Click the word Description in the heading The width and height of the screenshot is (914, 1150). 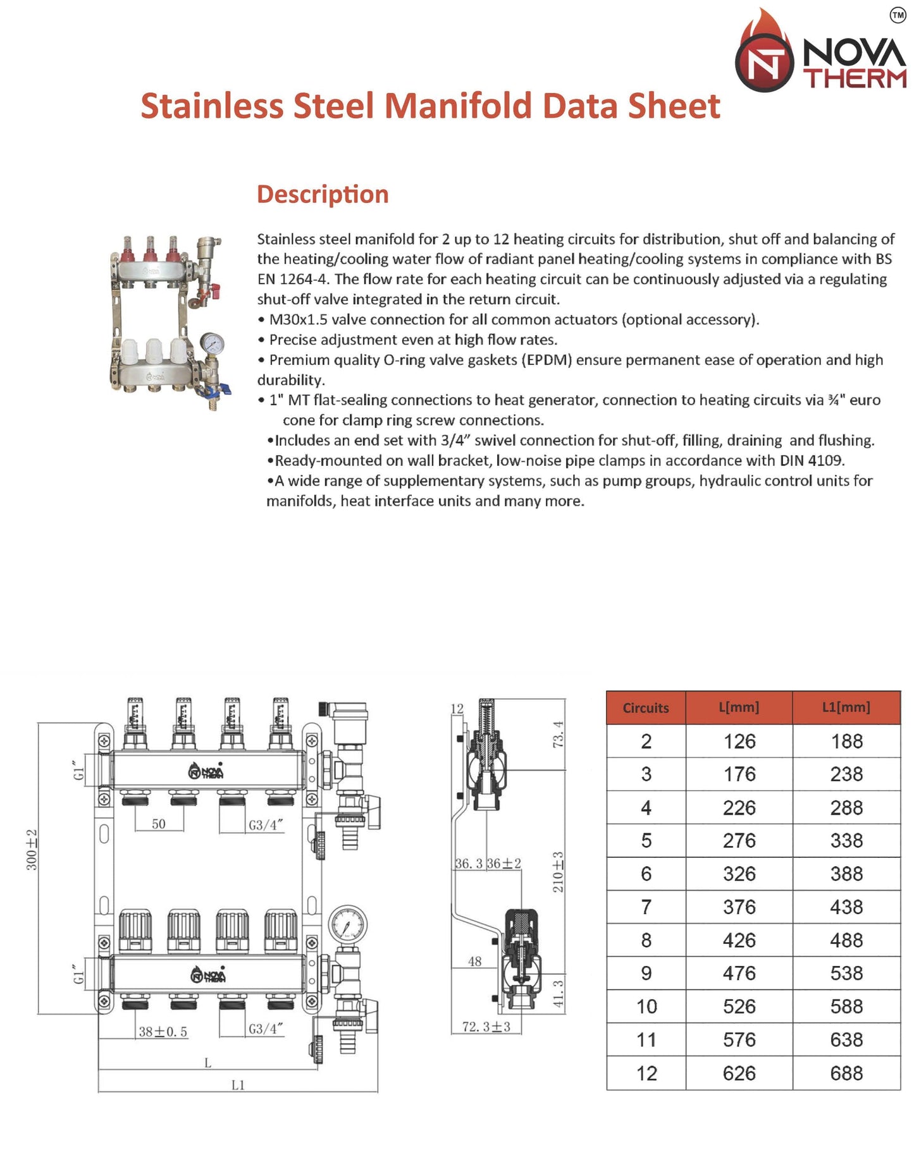(323, 194)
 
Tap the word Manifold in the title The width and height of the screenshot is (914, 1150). (458, 106)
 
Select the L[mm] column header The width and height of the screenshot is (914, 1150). (739, 707)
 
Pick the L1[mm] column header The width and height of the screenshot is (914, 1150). (846, 707)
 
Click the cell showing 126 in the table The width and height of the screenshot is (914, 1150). (739, 741)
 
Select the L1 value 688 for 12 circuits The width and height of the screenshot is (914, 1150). (846, 1073)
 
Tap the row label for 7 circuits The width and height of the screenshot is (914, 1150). (646, 907)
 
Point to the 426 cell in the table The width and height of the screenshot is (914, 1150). (739, 940)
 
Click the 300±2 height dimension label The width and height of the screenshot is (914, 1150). (32, 850)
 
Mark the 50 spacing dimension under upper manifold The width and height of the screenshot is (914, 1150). (159, 824)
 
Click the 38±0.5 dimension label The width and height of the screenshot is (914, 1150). (163, 1032)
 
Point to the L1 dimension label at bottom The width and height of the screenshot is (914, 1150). (238, 1085)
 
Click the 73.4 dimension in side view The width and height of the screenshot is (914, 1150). (558, 734)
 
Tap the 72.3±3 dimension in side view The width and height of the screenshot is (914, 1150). (486, 1027)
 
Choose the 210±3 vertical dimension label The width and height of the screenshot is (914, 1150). (558, 872)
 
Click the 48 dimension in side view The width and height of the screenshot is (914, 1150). (474, 962)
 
